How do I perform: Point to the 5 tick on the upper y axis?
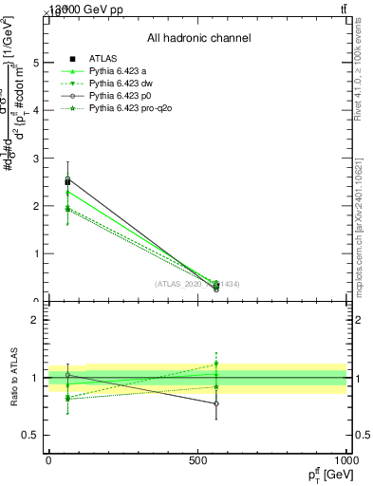[36, 63]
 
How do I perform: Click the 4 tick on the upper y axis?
[36, 110]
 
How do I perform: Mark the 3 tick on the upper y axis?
[36, 158]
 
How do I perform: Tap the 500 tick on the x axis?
[197, 460]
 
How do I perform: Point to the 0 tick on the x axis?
[49, 460]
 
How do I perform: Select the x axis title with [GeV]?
[326, 475]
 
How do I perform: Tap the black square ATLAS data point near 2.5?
[67, 181]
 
